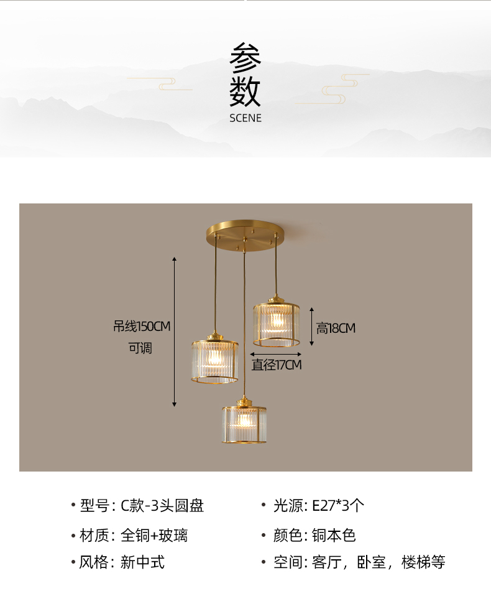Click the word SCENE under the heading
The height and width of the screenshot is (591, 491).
point(245,118)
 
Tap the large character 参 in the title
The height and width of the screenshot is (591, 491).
point(245,59)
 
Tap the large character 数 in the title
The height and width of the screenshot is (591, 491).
point(245,92)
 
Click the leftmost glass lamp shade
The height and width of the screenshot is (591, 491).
point(214,361)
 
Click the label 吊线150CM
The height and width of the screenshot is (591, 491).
point(142,327)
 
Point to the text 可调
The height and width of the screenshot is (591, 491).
point(140,348)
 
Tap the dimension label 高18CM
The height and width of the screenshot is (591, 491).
point(336,328)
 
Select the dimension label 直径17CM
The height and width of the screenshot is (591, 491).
point(277,365)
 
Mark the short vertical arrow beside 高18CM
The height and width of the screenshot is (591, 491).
point(311,326)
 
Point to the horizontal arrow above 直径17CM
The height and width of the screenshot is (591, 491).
point(276,354)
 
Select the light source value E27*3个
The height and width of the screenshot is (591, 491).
point(339,506)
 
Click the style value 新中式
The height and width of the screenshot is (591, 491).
point(143,562)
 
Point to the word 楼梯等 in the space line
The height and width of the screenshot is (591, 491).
point(424,562)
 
